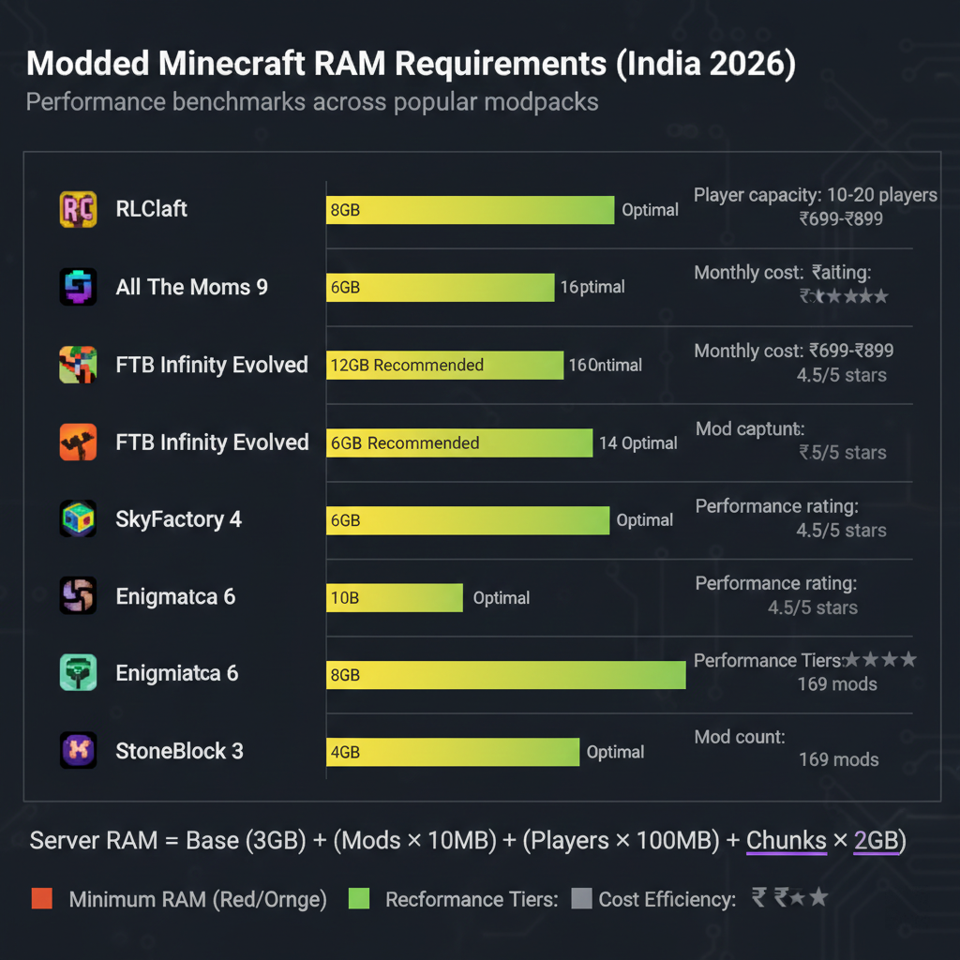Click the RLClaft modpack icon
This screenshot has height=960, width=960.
point(77,209)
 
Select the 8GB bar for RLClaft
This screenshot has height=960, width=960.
point(470,210)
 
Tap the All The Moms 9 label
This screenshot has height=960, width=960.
point(192,287)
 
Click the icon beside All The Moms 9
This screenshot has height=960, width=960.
point(77,287)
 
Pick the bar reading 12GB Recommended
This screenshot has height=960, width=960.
point(444,365)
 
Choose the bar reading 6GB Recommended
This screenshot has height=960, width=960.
point(459,442)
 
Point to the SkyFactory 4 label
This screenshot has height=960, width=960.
point(178,519)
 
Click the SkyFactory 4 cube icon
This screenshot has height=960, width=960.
point(77,519)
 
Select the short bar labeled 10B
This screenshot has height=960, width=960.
point(395,597)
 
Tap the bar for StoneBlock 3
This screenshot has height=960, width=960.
point(453,752)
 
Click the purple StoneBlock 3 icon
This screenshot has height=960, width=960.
point(77,751)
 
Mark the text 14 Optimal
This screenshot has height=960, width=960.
point(638,442)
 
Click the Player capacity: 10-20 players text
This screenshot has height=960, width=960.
point(816,195)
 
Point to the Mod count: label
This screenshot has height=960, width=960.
point(740,737)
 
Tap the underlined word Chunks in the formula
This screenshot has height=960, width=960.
point(786,840)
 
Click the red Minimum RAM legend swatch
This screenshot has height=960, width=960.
point(41,899)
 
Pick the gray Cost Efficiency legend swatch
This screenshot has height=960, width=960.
point(581,899)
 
